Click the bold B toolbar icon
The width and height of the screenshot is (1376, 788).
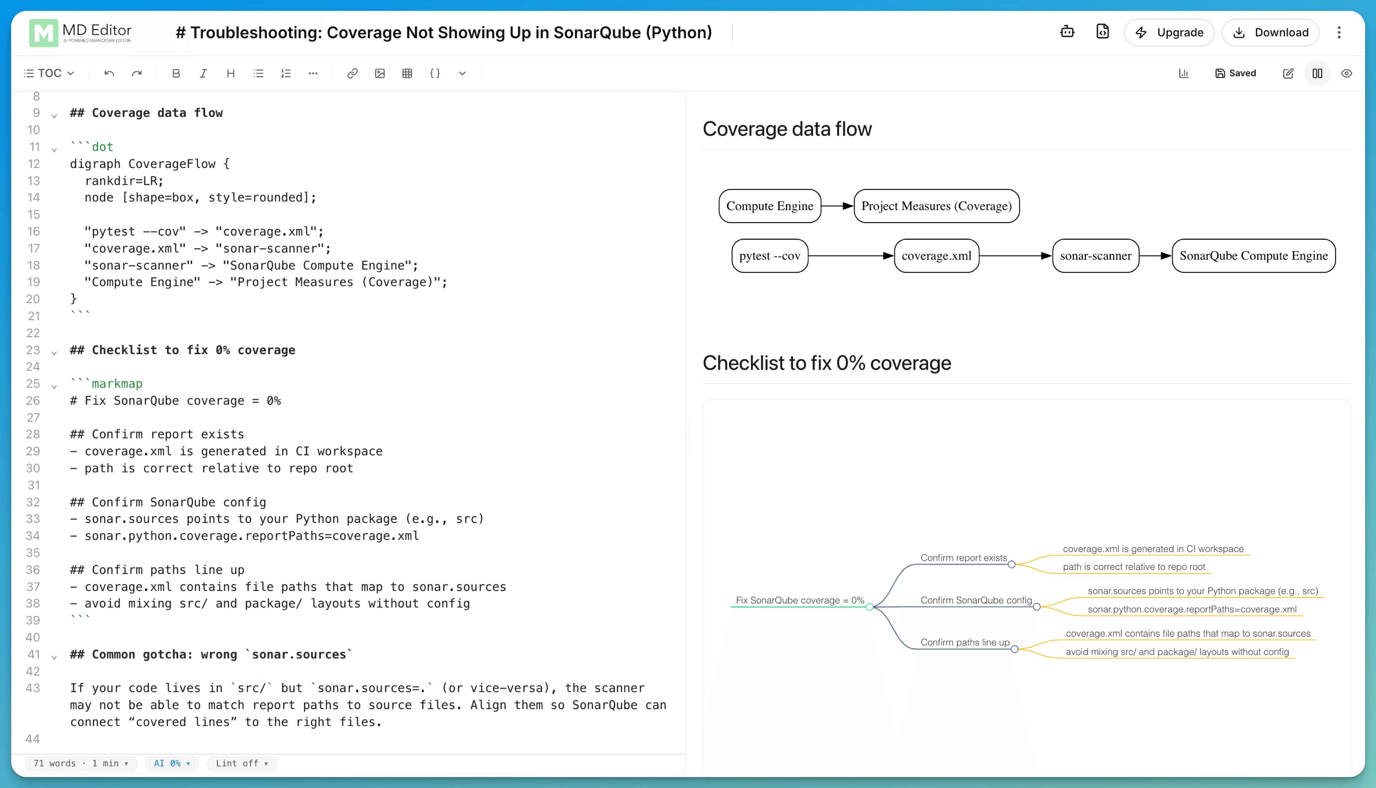[x=176, y=73]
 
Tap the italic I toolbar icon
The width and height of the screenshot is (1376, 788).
[x=203, y=73]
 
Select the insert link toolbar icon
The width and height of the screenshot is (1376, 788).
[x=352, y=73]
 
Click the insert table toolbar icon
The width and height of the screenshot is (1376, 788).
[x=407, y=73]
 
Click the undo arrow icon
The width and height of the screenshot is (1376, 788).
[x=109, y=73]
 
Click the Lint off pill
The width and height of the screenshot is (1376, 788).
[x=242, y=763]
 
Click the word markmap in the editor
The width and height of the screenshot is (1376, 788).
[x=117, y=384]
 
